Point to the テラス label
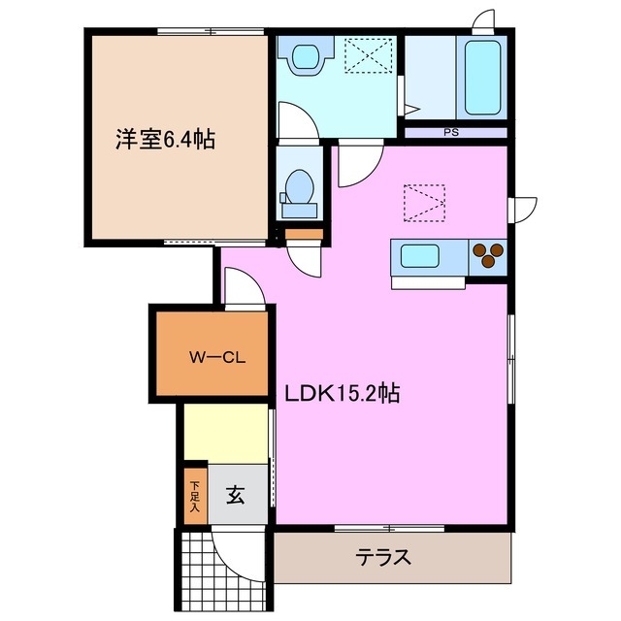(x=383, y=558)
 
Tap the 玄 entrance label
(x=235, y=495)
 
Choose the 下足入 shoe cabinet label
(x=194, y=495)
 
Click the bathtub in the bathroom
(x=482, y=77)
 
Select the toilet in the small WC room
(x=298, y=189)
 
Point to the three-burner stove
(x=487, y=255)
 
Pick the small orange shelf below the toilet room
(x=302, y=234)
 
